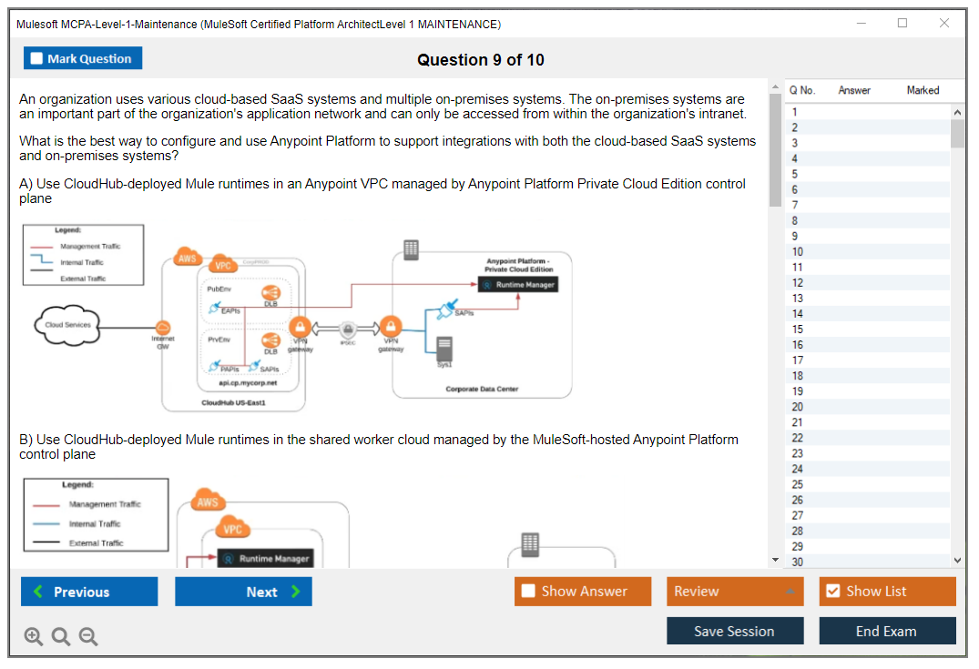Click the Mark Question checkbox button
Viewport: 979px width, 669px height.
(83, 58)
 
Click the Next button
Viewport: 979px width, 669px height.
(243, 592)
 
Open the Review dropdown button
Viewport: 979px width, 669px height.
(735, 592)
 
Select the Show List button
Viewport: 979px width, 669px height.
(887, 592)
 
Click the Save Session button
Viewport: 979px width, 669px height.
(734, 631)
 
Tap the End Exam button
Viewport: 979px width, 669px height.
(886, 631)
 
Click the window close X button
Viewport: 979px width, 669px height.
(944, 24)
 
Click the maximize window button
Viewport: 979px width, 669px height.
(903, 24)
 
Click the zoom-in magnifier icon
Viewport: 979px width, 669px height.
(34, 636)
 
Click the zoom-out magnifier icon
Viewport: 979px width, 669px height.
(88, 636)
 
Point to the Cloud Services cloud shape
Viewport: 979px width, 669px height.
(67, 325)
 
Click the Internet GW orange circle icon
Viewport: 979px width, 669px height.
(164, 328)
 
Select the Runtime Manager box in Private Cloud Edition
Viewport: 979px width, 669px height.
(517, 285)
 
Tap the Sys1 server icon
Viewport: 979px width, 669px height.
(444, 348)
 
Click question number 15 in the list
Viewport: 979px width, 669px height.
(798, 329)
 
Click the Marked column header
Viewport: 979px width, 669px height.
(923, 90)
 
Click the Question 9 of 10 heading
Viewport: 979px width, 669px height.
(480, 60)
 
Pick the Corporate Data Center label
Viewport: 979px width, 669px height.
(482, 389)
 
